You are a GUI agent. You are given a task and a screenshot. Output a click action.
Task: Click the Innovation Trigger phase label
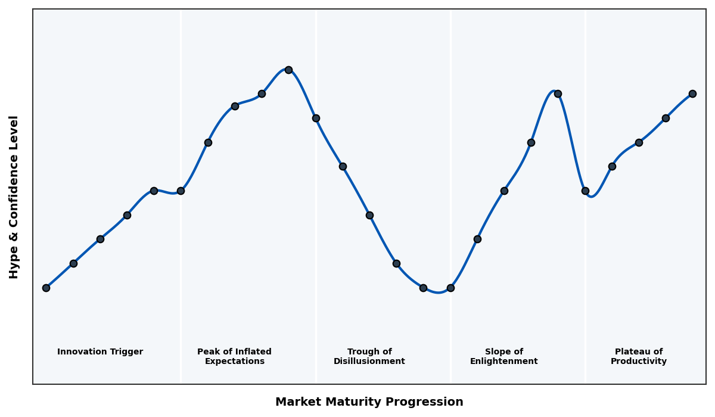100,352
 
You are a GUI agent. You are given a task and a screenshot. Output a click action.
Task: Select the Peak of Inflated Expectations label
234,356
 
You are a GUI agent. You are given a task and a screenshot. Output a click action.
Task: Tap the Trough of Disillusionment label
369,356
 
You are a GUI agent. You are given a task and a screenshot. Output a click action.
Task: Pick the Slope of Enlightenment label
503,356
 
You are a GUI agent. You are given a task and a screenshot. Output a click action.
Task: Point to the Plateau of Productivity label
639,356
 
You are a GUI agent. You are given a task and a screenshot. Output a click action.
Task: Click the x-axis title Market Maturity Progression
369,402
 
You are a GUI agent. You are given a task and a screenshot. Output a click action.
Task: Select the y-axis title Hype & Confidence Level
14,197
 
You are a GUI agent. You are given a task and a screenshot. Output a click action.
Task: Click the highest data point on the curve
288,70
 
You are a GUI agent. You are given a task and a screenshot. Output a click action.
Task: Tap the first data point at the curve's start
46,288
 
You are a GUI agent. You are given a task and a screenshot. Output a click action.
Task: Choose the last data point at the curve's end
692,94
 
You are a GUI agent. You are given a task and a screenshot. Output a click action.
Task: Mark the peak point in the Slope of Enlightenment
558,94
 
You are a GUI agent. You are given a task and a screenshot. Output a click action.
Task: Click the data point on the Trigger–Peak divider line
181,191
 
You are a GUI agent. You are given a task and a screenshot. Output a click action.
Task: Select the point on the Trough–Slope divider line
450,288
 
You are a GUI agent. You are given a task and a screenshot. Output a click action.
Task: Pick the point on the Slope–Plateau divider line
585,191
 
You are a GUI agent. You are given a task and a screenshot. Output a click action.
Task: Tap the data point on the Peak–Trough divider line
316,118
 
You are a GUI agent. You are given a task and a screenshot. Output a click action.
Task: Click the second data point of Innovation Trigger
73,263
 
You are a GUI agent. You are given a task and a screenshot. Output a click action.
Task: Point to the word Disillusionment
369,362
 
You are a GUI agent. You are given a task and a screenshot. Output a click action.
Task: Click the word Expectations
234,362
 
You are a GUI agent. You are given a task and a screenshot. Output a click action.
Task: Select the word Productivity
639,362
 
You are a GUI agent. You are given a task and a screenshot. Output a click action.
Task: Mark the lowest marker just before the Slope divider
423,288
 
